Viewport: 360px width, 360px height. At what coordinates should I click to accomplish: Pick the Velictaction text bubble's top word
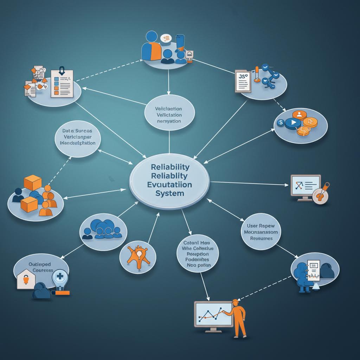pos(168,109)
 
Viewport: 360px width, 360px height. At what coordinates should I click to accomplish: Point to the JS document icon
pos(243,81)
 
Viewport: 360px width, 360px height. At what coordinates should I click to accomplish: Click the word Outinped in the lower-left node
pos(39,264)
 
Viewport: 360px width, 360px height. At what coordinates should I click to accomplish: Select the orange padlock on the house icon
pos(25,280)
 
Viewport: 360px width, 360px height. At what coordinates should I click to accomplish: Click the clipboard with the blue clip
pos(62,83)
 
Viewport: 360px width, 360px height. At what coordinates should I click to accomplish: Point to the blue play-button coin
pos(292,123)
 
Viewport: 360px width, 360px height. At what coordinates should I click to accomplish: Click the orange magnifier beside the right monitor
pos(321,193)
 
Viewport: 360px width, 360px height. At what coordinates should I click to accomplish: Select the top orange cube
pos(33,182)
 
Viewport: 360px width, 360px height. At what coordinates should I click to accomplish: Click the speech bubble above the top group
pos(165,38)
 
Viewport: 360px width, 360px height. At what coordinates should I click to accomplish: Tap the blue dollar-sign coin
pos(281,123)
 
